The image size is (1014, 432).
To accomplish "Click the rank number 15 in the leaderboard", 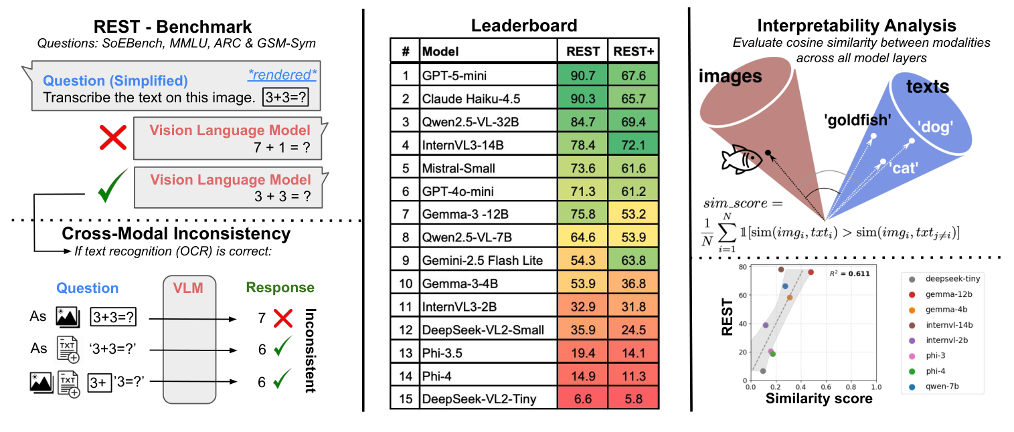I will pyautogui.click(x=405, y=399).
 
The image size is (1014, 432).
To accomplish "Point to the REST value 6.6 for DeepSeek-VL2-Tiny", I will pyautogui.click(x=582, y=399).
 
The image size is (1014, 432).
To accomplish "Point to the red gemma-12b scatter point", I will pyautogui.click(x=811, y=272).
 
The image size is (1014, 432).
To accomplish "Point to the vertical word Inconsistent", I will pyautogui.click(x=309, y=350).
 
